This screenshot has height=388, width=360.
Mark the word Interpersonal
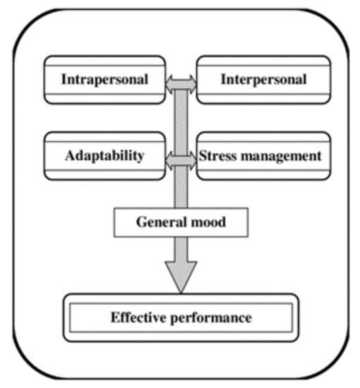263,80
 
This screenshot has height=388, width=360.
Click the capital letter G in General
140,224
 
